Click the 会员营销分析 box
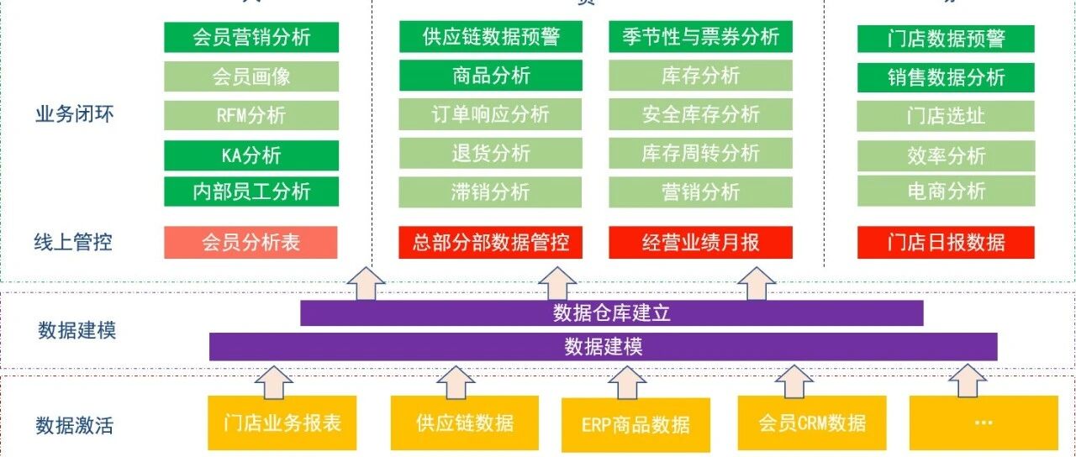[251, 37]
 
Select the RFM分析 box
[251, 115]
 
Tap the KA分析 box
[251, 155]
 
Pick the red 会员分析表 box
[251, 243]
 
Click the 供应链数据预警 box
[491, 37]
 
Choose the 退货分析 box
[491, 153]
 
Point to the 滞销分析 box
[491, 192]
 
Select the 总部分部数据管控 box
[491, 243]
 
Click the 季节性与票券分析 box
[701, 37]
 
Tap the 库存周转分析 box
[701, 153]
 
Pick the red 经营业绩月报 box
[701, 243]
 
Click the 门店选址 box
[946, 117]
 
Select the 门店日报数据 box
[946, 243]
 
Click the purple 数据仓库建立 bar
[612, 313]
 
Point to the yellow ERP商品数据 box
[636, 424]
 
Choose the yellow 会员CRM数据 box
[812, 423]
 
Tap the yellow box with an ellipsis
[983, 423]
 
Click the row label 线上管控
[74, 243]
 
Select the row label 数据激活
[74, 425]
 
